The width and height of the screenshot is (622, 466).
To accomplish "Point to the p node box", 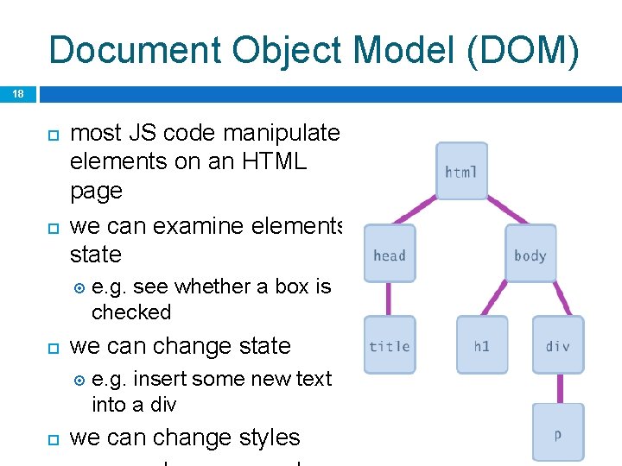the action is pyautogui.click(x=557, y=432).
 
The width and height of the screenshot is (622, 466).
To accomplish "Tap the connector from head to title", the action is pyautogui.click(x=389, y=299).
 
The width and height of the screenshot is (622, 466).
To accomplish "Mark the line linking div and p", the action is pyautogui.click(x=557, y=389).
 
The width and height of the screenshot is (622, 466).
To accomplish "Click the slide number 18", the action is pyautogui.click(x=18, y=94).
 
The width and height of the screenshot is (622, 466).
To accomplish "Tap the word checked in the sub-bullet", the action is pyautogui.click(x=131, y=312).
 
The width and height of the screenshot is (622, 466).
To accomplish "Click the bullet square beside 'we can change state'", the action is pyautogui.click(x=51, y=347).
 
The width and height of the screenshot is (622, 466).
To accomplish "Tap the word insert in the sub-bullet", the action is pyautogui.click(x=155, y=378).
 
